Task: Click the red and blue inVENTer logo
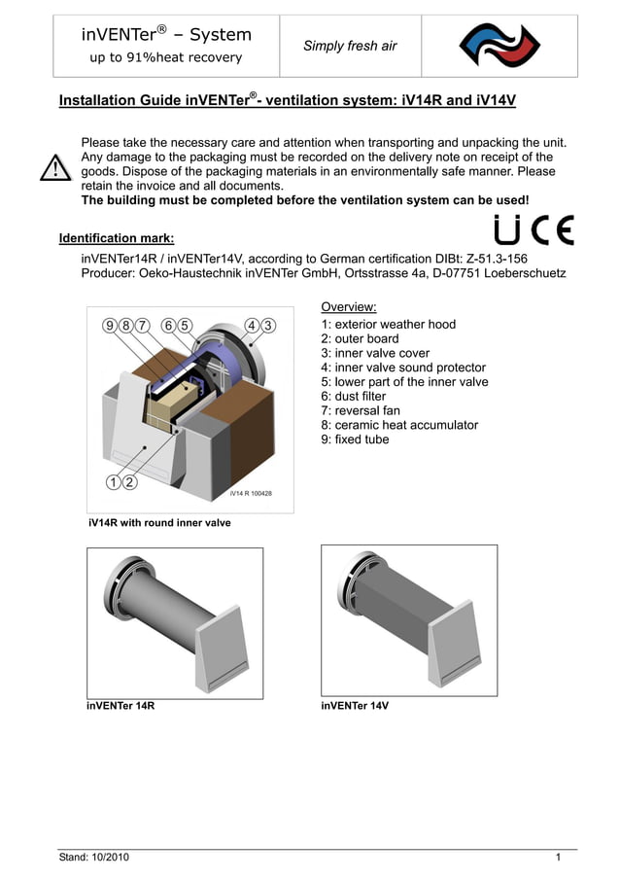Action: [499, 46]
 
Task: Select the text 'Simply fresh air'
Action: [350, 46]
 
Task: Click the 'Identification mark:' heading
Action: [117, 238]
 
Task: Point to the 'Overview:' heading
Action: [348, 307]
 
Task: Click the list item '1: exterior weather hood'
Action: [388, 325]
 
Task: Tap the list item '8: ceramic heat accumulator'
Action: [398, 425]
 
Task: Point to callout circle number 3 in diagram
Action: [268, 325]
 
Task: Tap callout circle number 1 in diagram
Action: [114, 481]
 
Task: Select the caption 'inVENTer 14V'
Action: [355, 706]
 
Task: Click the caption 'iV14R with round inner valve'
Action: [159, 523]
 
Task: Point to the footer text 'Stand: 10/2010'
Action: [93, 858]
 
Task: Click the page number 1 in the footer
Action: [559, 858]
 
